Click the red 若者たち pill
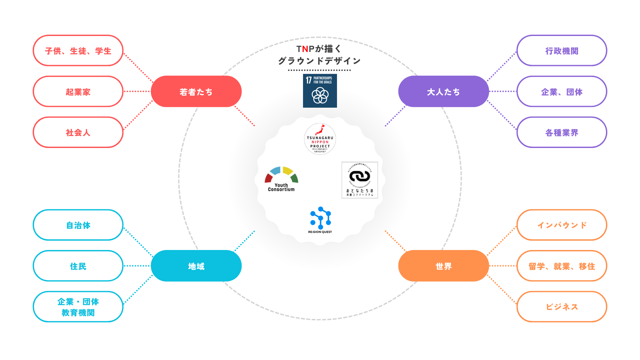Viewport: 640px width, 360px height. [x=196, y=92]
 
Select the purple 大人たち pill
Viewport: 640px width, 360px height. [x=443, y=92]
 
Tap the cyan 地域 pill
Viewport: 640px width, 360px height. [x=196, y=266]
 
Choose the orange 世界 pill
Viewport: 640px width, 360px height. [x=443, y=266]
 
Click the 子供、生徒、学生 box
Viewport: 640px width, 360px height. [x=78, y=51]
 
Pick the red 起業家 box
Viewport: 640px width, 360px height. [x=78, y=92]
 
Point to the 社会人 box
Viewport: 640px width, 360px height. [x=78, y=132]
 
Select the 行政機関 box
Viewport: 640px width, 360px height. [x=562, y=51]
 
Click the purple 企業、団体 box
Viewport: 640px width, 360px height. [x=562, y=92]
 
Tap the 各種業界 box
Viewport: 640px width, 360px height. [x=562, y=132]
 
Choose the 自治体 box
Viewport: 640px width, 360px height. [x=78, y=225]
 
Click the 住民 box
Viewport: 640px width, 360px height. [x=78, y=266]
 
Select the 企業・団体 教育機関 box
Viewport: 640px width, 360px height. [x=78, y=307]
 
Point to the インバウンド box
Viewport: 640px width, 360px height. [x=562, y=225]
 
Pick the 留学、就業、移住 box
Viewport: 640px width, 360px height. [x=562, y=266]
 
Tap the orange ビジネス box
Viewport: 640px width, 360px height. [x=562, y=307]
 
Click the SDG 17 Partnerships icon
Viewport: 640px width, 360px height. [x=320, y=91]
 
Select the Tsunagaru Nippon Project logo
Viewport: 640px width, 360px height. [x=320, y=139]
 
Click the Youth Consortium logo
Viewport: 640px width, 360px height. [x=281, y=179]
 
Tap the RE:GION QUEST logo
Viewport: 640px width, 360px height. [x=320, y=220]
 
